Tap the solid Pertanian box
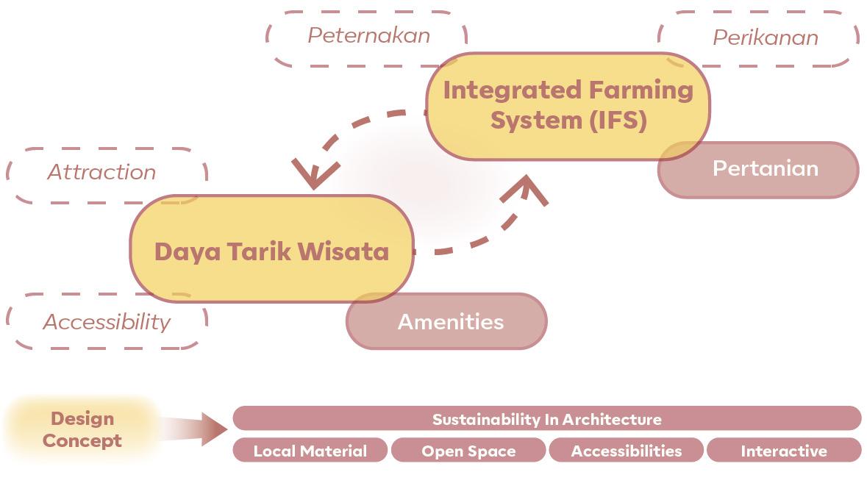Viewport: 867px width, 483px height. point(766,169)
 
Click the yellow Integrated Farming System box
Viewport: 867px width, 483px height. point(568,105)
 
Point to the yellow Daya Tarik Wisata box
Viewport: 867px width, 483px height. point(271,251)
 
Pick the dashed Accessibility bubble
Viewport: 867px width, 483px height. point(107,321)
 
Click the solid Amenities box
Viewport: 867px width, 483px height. point(450,322)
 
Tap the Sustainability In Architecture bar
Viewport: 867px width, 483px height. point(546,419)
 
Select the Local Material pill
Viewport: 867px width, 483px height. point(310,451)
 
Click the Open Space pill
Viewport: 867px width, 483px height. point(468,451)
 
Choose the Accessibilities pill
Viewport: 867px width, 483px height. point(626,451)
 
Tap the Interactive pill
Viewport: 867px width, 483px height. point(783,451)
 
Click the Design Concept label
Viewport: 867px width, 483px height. point(82,430)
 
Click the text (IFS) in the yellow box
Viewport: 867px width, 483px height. point(618,120)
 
